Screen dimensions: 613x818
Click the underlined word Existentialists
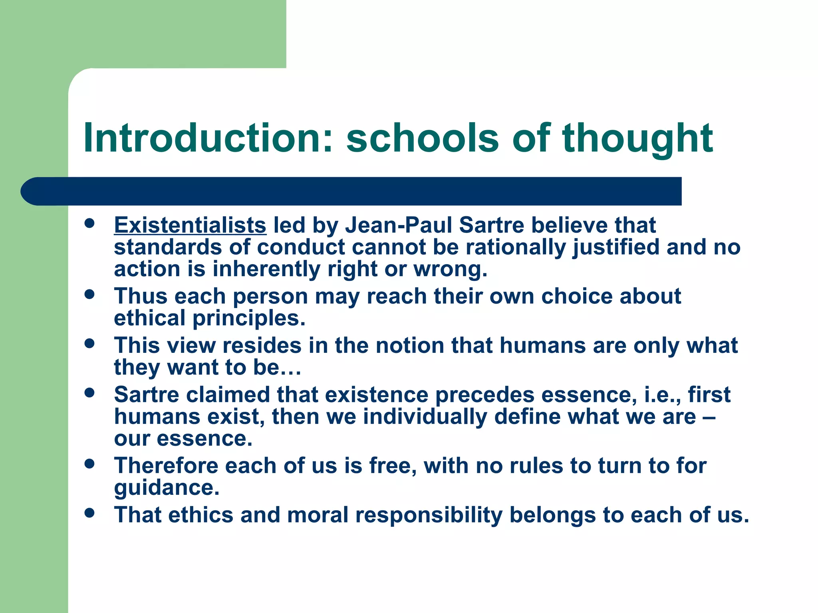click(x=190, y=225)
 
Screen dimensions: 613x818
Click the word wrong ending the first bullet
click(x=449, y=269)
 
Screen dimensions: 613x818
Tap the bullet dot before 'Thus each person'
click(x=89, y=295)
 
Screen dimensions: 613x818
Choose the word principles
click(x=248, y=318)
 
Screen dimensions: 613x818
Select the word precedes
click(x=484, y=395)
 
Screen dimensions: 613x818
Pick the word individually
click(x=425, y=417)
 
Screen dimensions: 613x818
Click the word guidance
click(x=166, y=488)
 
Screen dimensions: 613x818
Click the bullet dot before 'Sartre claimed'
click(x=89, y=393)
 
